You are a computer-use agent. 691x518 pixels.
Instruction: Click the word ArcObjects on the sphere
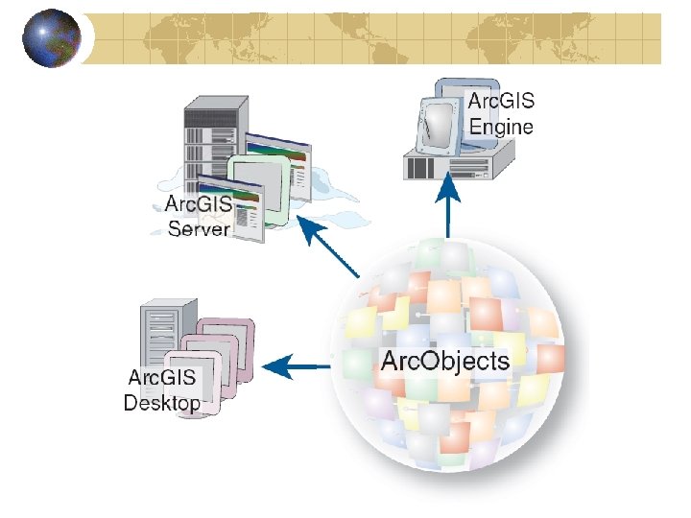tap(445, 361)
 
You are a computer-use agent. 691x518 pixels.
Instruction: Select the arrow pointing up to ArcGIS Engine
tap(448, 207)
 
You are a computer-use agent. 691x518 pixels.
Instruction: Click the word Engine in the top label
tap(500, 126)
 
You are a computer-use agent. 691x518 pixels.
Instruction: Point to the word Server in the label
tap(199, 228)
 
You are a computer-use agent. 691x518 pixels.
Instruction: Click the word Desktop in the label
tap(162, 402)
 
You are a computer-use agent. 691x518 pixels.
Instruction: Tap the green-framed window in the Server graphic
tap(259, 182)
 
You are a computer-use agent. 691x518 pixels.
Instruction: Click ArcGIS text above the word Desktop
tap(163, 377)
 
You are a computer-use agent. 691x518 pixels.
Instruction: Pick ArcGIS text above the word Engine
tap(500, 101)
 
